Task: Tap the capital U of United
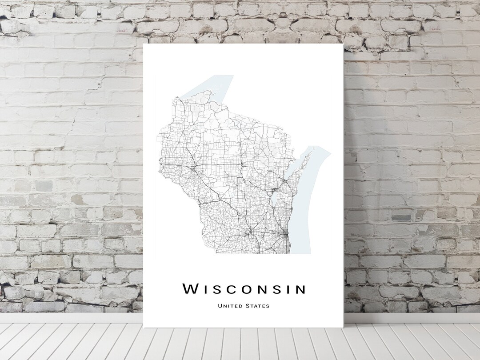click(220, 306)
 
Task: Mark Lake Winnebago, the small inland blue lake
click(274, 198)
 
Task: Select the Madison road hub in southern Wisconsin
click(250, 232)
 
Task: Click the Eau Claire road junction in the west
click(192, 169)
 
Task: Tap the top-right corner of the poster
click(343, 44)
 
